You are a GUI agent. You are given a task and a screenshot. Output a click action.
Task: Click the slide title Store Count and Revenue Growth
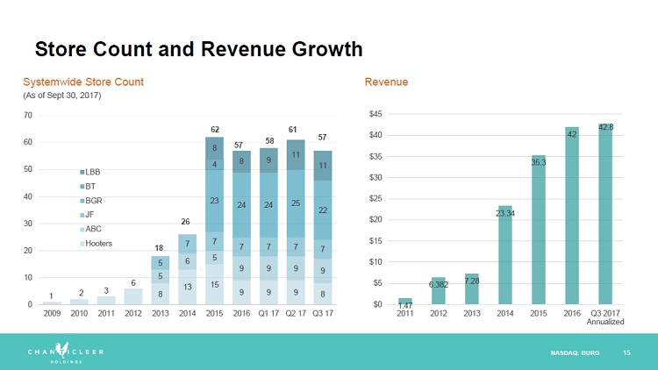197,48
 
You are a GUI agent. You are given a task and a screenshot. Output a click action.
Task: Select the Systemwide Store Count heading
83,82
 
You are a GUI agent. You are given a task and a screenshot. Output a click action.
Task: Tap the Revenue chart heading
386,82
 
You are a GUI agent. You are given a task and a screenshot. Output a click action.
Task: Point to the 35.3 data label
539,162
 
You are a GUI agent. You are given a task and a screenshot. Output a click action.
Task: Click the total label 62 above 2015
214,129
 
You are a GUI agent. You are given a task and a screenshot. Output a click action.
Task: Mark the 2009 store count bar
52,302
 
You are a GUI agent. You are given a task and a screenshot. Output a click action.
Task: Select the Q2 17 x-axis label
297,313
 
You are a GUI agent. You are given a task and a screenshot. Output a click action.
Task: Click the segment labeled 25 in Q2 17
297,203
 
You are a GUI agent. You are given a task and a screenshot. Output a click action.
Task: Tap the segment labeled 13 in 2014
188,287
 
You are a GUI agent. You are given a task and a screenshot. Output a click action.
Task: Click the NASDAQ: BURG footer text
575,352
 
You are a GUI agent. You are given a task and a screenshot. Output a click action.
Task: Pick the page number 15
626,352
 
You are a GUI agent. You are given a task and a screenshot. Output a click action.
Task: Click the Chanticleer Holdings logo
55,352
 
